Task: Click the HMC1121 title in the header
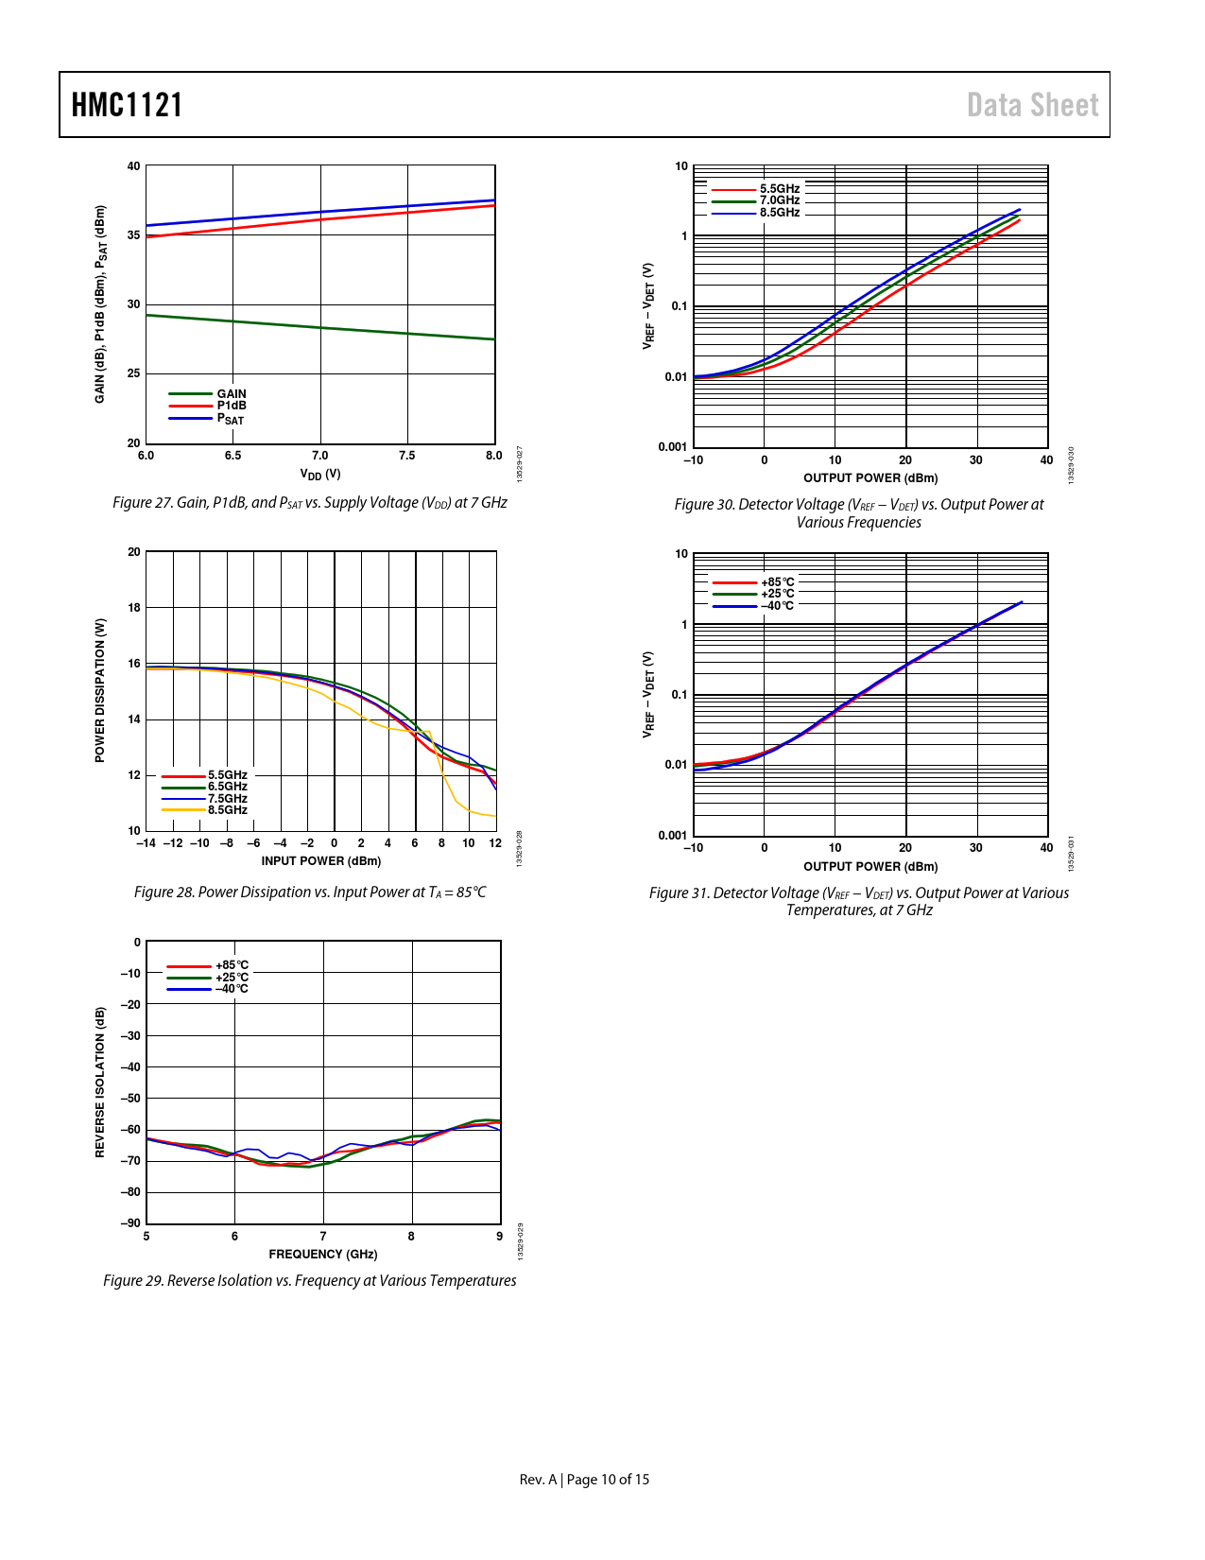[127, 105]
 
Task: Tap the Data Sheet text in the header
[1032, 105]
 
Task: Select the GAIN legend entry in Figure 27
[231, 394]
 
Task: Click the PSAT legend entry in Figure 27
[230, 419]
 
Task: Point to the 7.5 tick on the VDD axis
[407, 456]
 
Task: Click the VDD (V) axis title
[320, 474]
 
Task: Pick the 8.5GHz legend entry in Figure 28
[227, 810]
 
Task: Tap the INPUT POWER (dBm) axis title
[321, 861]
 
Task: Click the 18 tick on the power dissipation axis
[134, 608]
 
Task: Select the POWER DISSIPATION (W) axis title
[100, 690]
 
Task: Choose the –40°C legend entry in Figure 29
[232, 989]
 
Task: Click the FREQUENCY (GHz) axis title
[323, 1255]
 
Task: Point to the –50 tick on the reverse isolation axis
[130, 1099]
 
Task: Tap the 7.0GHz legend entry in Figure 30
[779, 200]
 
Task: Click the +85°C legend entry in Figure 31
[778, 582]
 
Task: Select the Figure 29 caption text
[310, 1281]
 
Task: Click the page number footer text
[584, 1480]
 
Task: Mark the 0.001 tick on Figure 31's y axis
[673, 835]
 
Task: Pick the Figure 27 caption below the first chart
[310, 503]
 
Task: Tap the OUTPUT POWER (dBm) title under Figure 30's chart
[870, 478]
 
